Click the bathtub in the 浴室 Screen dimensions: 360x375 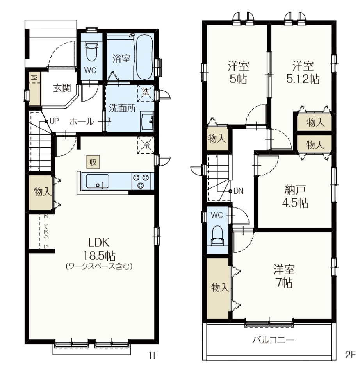144,58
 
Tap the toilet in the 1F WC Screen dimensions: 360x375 91,51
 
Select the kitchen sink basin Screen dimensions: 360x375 98,181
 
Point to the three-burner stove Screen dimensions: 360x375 141,181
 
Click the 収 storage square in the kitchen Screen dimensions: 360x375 93,162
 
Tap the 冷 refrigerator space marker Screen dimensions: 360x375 146,145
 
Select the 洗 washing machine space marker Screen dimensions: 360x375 146,93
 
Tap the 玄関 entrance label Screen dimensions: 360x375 62,88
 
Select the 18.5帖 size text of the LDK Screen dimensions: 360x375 99,255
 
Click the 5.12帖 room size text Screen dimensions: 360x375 303,79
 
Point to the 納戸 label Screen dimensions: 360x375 295,190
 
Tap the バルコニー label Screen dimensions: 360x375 273,340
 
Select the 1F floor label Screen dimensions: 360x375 153,355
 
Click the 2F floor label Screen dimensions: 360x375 351,355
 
